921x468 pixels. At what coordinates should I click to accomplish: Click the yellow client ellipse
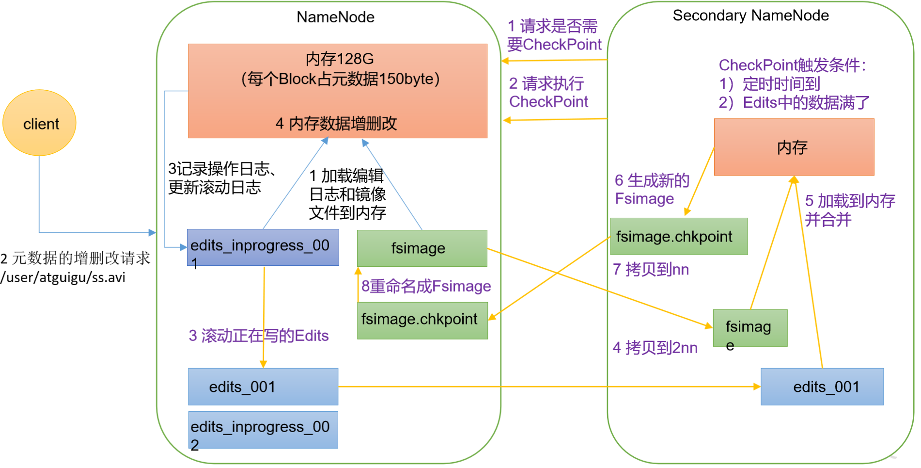coord(40,123)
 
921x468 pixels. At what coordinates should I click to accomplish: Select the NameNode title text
coord(335,17)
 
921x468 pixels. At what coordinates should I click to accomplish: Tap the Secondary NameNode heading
coord(750,16)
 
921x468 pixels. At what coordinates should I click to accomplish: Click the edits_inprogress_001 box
coord(263,247)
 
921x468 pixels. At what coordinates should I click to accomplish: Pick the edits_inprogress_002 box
coord(263,430)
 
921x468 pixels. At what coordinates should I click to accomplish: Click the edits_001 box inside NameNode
coord(263,387)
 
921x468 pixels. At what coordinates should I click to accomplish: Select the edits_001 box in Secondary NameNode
coord(822,387)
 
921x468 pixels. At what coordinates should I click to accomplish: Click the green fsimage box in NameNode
coord(421,248)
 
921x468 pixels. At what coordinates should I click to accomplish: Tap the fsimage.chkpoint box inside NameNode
coord(421,320)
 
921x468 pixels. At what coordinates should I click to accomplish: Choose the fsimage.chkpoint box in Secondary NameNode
coord(678,237)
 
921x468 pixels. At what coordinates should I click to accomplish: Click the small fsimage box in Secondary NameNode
coord(749,328)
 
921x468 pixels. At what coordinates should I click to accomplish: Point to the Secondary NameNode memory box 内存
coord(794,147)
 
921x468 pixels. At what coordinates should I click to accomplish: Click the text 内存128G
coord(339,59)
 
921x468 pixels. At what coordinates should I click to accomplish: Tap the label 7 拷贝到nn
coord(650,270)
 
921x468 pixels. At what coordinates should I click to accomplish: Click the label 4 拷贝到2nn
coord(655,348)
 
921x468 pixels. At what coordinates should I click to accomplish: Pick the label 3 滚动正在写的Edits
coord(258,336)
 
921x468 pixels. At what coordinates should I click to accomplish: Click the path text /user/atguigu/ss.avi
coord(63,278)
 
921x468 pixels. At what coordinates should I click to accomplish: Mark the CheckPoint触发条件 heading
coord(792,65)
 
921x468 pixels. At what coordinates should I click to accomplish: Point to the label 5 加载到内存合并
coord(849,210)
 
